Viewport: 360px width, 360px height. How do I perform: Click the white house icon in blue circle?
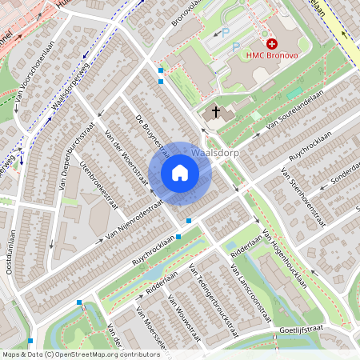click(x=180, y=172)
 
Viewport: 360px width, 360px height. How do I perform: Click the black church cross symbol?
click(x=216, y=112)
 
